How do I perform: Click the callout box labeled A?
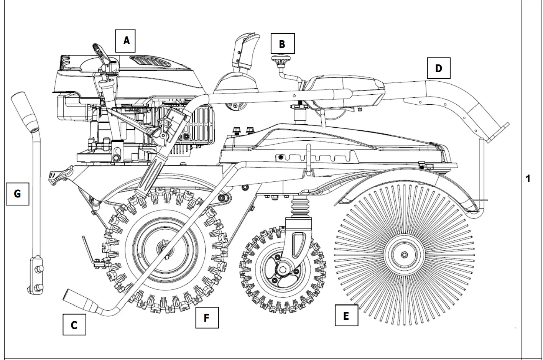point(127,40)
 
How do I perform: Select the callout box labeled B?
point(282,44)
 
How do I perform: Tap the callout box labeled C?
point(74,325)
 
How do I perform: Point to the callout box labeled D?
point(438,69)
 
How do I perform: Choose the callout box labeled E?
point(346,316)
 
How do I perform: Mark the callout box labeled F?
point(207,317)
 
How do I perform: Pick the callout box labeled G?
point(17,194)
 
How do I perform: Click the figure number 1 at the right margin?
point(528,179)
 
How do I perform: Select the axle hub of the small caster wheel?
point(283,268)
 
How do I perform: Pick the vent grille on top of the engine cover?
point(148,61)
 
